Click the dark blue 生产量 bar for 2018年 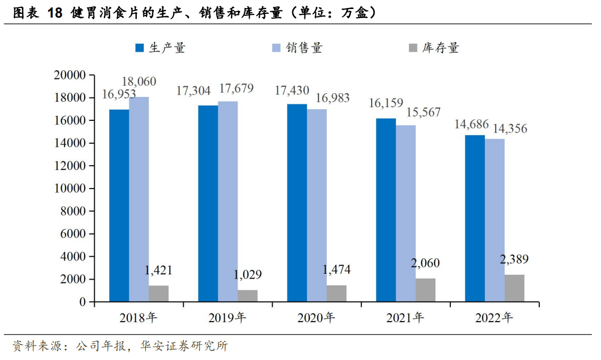coord(119,206)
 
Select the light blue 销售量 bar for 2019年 coord(227,201)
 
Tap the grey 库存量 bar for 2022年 coord(514,288)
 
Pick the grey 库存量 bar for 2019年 coord(248,296)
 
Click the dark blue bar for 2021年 coord(386,210)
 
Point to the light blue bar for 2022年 coord(495,220)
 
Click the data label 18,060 coord(139,82)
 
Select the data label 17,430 coord(292,91)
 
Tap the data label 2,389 coord(514,260)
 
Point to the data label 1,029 coord(247,275)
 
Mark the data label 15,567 coord(408,112)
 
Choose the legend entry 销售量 coord(303,48)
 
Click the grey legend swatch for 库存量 coord(413,48)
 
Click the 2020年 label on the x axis coord(316,318)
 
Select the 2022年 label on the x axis coord(494,318)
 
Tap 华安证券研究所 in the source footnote coord(184,346)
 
